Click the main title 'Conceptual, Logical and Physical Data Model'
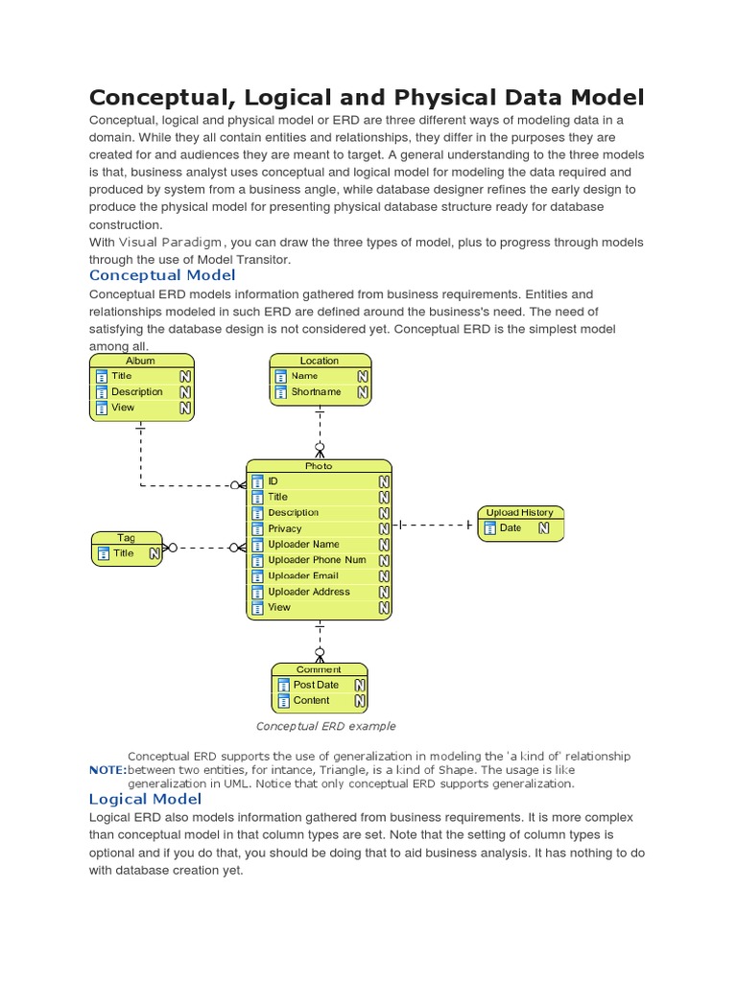click(367, 97)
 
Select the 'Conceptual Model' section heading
click(161, 275)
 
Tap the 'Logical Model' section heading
click(145, 799)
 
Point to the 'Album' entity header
click(141, 361)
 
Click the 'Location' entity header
click(319, 361)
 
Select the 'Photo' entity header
click(319, 466)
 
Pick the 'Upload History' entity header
click(519, 512)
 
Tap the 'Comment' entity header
click(319, 669)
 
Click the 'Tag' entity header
click(127, 538)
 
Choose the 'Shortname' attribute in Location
click(316, 392)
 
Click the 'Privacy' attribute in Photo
click(285, 528)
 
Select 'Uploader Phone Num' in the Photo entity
click(317, 560)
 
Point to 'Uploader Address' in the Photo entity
click(309, 592)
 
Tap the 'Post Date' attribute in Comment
click(316, 685)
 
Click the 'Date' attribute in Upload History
click(511, 527)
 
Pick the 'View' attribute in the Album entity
click(123, 408)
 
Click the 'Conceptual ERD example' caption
click(325, 726)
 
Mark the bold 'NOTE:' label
click(107, 770)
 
